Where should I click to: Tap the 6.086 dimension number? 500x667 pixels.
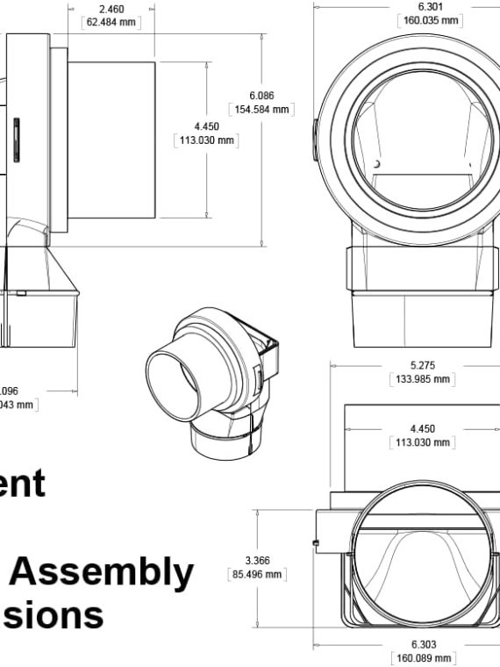(x=262, y=95)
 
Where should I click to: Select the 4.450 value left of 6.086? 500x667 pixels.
(x=207, y=126)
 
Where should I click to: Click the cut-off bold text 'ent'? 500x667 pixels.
(x=22, y=484)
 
